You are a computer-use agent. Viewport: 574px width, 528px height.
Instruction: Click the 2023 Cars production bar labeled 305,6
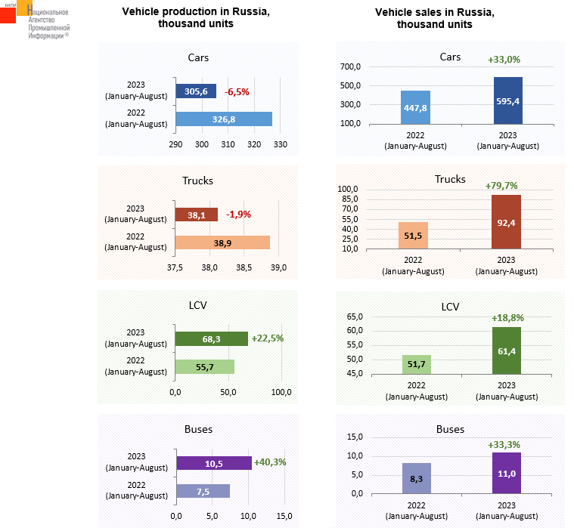[196, 91]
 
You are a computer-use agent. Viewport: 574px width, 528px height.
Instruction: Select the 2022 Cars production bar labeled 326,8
[224, 119]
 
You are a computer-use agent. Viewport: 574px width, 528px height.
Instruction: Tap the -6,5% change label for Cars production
[237, 91]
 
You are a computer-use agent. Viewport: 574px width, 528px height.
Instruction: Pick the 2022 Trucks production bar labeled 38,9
[222, 242]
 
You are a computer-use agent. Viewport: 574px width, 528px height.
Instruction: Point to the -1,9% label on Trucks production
[237, 215]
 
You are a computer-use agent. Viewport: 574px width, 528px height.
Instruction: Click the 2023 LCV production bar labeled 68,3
[211, 339]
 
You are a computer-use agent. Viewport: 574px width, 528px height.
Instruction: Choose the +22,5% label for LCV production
[268, 338]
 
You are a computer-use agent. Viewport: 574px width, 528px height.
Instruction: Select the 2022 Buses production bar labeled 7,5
[203, 491]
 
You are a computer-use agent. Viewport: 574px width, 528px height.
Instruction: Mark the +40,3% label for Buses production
[270, 462]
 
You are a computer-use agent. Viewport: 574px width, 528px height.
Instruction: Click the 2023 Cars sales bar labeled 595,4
[507, 100]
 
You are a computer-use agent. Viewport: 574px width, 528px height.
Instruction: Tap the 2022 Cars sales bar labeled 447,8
[415, 107]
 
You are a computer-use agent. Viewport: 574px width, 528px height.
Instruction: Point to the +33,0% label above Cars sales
[504, 59]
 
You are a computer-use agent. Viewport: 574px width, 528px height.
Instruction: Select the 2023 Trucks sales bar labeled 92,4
[507, 221]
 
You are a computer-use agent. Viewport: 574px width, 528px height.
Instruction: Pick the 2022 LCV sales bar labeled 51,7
[416, 364]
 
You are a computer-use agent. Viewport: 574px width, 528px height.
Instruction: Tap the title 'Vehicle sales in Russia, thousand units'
[435, 18]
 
